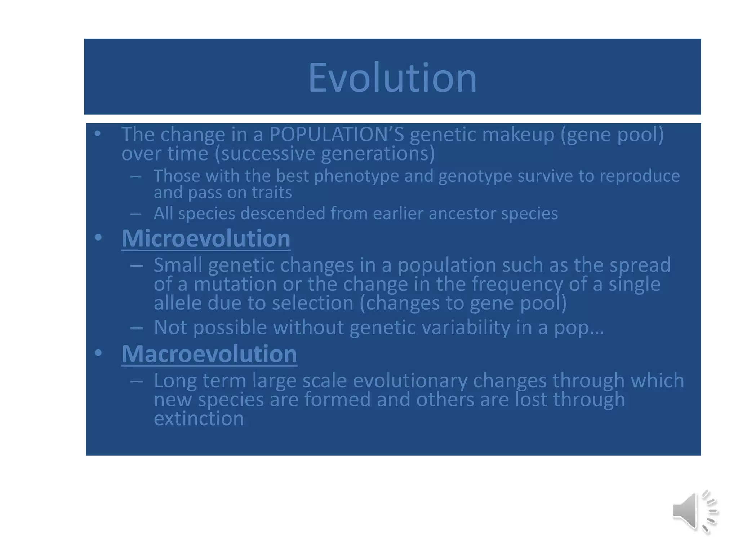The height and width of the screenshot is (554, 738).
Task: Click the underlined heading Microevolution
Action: point(206,238)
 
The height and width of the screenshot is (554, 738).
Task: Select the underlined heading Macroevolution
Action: point(209,354)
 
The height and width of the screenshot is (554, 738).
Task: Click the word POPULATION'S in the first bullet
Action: point(337,134)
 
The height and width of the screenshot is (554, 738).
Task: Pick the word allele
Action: point(178,303)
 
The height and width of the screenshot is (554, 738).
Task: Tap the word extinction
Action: point(199,418)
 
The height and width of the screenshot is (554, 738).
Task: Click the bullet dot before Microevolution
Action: point(98,238)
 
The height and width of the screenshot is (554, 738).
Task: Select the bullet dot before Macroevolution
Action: point(98,353)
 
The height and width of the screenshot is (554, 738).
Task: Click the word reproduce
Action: point(639,176)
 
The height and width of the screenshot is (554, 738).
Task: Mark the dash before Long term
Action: point(136,381)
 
